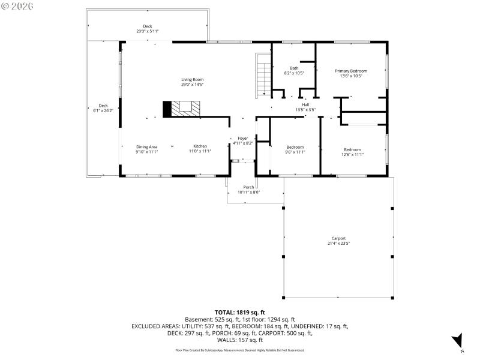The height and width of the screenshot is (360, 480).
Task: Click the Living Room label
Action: point(193,80)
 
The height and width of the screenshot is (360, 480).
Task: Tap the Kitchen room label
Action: point(200,147)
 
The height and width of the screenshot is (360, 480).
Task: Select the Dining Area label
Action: point(146,147)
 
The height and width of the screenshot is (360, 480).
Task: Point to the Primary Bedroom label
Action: point(350,71)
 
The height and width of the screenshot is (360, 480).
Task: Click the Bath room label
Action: point(294,68)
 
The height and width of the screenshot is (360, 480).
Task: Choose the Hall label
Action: point(305,105)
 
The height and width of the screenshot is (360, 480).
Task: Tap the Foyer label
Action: point(242,138)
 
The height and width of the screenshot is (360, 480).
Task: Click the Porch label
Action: point(248,187)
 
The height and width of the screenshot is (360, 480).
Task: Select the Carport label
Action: point(338,238)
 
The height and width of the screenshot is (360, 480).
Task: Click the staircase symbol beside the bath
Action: point(263,75)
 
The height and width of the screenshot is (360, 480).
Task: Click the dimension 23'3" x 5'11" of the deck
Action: point(147,31)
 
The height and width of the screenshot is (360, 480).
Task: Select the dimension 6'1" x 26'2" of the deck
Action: point(103,110)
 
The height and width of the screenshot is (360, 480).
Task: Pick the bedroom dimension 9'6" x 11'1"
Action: point(295,152)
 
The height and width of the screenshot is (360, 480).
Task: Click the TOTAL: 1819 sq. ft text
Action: point(239,312)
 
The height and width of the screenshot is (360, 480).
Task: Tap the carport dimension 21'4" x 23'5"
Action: point(338,244)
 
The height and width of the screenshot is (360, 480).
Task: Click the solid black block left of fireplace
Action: point(167,109)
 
